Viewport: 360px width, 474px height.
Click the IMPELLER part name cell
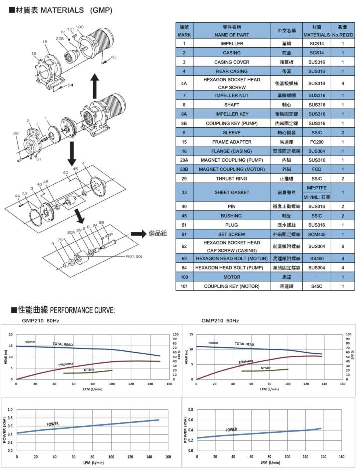pos(232,44)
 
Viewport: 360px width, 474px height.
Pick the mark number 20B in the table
pos(184,169)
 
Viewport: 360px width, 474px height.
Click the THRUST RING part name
pos(232,179)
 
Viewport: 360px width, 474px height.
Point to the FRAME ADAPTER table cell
pos(232,142)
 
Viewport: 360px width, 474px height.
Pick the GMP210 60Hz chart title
pos(40,321)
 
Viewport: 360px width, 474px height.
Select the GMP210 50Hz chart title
pos(220,321)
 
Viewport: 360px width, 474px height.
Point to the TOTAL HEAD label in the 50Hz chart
pos(244,344)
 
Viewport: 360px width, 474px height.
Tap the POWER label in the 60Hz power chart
pos(53,424)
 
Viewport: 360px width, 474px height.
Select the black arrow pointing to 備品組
pos(138,234)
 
